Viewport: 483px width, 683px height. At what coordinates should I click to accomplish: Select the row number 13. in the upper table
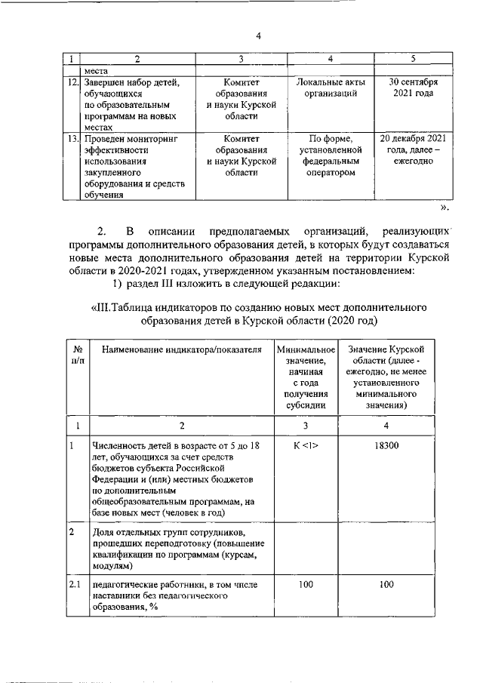[69, 139]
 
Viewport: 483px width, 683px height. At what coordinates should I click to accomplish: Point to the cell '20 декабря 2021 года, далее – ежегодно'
[412, 150]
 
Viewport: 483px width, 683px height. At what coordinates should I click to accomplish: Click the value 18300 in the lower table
[386, 447]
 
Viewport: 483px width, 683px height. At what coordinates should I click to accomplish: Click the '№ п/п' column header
[77, 355]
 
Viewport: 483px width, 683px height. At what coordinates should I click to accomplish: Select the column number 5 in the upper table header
[412, 59]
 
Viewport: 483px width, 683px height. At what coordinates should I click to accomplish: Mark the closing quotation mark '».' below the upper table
[445, 207]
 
